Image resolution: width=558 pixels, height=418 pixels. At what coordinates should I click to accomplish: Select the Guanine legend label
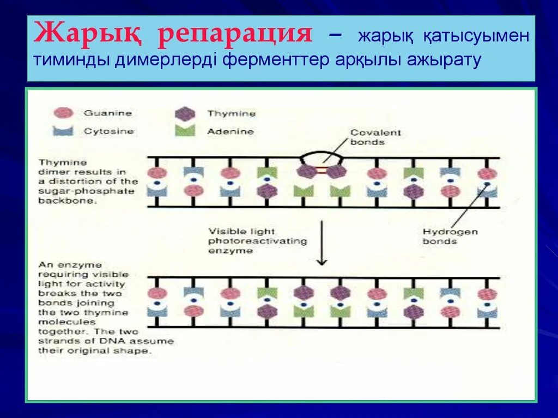pyautogui.click(x=107, y=113)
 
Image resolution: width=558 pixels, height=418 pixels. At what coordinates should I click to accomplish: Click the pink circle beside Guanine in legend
pyautogui.click(x=63, y=113)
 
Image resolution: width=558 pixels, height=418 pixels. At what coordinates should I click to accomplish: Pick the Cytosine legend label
pyautogui.click(x=109, y=131)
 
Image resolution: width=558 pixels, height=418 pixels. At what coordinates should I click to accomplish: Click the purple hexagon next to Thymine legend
pyautogui.click(x=185, y=113)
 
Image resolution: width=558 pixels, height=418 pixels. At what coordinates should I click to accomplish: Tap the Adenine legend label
pyautogui.click(x=230, y=131)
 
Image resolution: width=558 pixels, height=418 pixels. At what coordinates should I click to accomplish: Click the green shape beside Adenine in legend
pyautogui.click(x=185, y=131)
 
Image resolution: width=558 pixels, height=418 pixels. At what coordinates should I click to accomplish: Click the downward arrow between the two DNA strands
pyautogui.click(x=322, y=242)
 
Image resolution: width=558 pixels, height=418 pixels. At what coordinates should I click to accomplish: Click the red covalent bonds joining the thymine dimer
pyautogui.click(x=322, y=171)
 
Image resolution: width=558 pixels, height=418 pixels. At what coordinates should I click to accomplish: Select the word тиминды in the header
pyautogui.click(x=70, y=60)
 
